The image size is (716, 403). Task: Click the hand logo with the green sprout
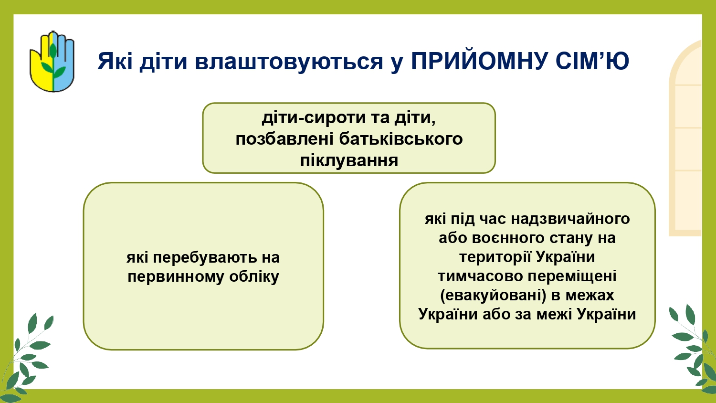[52, 62]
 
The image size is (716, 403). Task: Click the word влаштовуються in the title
[289, 61]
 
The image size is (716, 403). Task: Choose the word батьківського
[401, 139]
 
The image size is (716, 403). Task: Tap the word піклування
[349, 160]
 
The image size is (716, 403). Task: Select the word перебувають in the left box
[205, 257]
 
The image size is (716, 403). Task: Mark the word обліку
[254, 276]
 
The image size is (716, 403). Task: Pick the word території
[495, 257]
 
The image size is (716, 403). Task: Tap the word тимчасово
[480, 276]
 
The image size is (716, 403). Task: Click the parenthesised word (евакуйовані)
[493, 296]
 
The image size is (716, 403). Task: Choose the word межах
[590, 296]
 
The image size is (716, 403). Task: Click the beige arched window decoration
[685, 138]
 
